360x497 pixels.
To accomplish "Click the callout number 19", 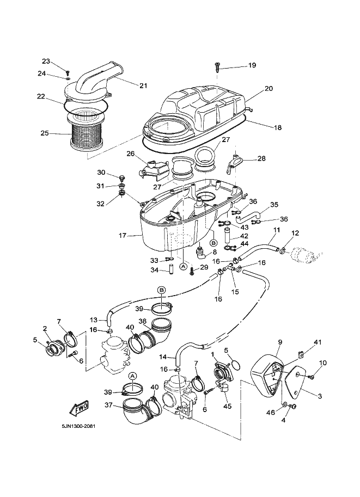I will [252, 65].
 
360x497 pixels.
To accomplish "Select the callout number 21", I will [143, 85].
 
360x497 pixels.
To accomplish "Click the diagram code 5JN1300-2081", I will [75, 426].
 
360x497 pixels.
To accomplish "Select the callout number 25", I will [44, 132].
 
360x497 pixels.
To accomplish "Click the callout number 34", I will [155, 270].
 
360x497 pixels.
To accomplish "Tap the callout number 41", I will [318, 342].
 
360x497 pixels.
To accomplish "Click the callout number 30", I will [101, 173].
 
